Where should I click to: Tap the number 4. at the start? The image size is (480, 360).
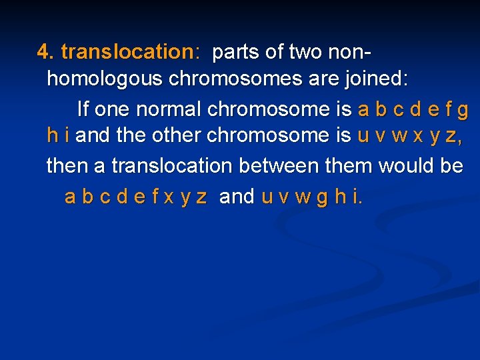pyautogui.click(x=45, y=51)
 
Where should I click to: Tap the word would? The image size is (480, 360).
pyautogui.click(x=397, y=165)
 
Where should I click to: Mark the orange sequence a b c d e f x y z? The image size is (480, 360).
pyautogui.click(x=136, y=196)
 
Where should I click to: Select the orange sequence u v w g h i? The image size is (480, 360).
pyautogui.click(x=312, y=196)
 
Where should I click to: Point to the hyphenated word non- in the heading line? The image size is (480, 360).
pyautogui.click(x=353, y=51)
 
